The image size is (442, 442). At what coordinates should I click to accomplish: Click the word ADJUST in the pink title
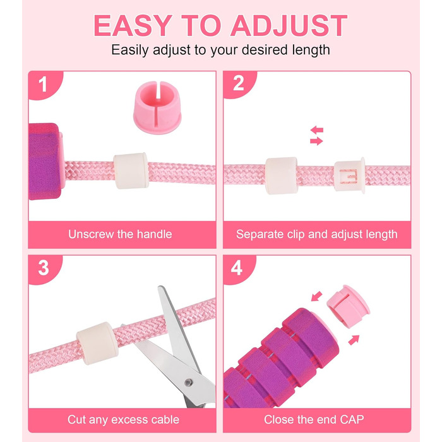[x=289, y=25]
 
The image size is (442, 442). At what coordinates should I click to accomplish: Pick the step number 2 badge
[x=239, y=84]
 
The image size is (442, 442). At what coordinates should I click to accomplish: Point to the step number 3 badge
[x=44, y=268]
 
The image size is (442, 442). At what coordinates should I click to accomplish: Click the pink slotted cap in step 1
[x=157, y=107]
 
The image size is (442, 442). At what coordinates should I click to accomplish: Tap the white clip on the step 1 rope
[x=131, y=170]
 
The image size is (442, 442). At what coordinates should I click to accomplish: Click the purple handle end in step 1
[x=45, y=161]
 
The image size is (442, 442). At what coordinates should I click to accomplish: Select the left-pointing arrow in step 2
[x=317, y=130]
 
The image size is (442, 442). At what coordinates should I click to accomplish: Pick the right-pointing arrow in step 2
[x=316, y=141]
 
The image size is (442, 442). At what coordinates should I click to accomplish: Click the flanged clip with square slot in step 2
[x=350, y=176]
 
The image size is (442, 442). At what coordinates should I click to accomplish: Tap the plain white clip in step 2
[x=282, y=176]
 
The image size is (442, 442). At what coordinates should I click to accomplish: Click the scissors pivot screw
[x=188, y=383]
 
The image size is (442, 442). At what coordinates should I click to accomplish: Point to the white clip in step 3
[x=97, y=343]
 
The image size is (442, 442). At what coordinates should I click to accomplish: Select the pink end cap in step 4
[x=349, y=306]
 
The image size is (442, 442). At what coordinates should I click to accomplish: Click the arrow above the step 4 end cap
[x=316, y=296]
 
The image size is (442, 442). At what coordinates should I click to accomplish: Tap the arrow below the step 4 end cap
[x=354, y=340]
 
